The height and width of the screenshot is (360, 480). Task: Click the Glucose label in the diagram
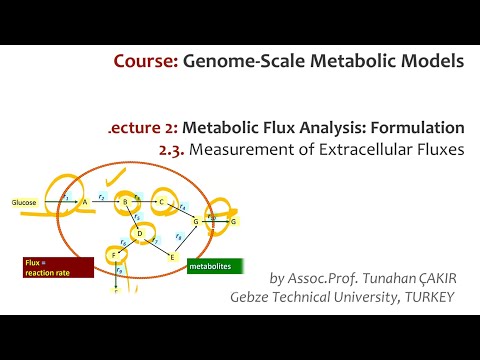point(24,203)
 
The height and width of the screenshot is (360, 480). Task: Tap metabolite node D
point(140,234)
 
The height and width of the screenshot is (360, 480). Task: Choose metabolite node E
point(172,257)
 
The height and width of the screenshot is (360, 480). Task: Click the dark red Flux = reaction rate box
point(56,267)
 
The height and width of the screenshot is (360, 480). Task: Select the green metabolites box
point(216,268)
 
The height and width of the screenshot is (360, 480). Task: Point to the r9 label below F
point(120,271)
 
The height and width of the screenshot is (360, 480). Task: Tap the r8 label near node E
point(178,236)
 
